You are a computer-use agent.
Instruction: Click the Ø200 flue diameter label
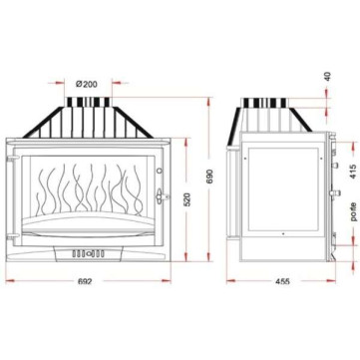87,84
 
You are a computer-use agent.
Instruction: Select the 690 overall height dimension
209,180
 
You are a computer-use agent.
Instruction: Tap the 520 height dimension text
187,199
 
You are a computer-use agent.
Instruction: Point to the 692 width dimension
85,281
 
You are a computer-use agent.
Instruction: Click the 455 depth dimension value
282,281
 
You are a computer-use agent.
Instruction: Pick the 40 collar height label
328,77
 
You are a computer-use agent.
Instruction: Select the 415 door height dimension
353,171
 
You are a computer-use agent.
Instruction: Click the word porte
353,211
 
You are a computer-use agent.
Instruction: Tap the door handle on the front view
161,196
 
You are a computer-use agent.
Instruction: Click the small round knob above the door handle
160,171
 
